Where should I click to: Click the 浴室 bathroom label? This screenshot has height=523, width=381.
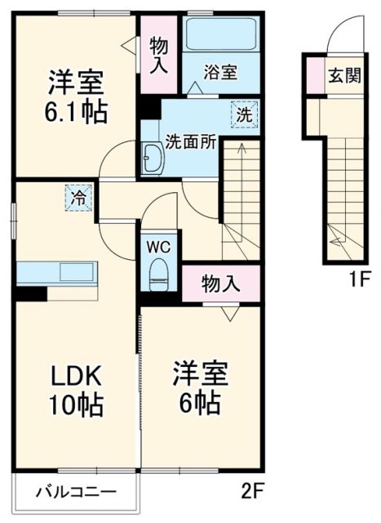(x=220, y=72)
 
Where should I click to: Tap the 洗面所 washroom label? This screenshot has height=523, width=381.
(x=191, y=141)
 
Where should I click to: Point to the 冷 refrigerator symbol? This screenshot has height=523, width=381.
(x=79, y=197)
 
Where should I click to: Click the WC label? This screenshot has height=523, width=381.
(x=157, y=244)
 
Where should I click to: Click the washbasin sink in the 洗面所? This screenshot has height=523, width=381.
(x=153, y=158)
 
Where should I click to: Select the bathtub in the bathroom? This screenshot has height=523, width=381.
(x=219, y=34)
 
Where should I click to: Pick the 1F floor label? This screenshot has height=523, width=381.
(x=360, y=279)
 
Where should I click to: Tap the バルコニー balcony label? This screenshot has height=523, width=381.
(x=75, y=493)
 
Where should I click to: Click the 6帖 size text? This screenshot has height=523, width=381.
(x=199, y=403)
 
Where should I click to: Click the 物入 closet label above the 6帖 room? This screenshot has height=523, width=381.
(x=220, y=284)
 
